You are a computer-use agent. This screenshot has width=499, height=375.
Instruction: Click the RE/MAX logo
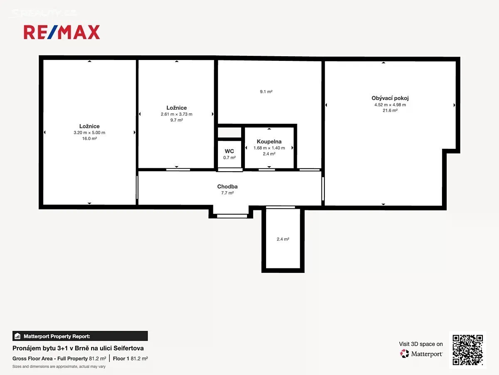coord(62,32)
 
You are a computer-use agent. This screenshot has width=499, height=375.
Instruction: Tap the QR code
coord(468,350)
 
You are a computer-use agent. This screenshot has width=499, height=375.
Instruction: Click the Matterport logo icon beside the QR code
coord(404,354)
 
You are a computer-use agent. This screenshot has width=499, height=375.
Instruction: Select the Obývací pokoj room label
coord(390,98)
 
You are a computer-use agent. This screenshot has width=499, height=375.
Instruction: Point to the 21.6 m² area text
coord(390,110)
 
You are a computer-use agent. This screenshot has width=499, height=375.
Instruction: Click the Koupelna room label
coord(269,142)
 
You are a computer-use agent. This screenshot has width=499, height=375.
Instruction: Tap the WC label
coord(229,151)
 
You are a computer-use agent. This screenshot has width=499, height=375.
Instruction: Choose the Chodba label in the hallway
coord(227,187)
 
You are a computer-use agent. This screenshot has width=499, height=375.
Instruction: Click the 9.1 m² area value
coord(266,92)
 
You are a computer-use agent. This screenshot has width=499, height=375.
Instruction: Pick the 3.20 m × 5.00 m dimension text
coord(89,132)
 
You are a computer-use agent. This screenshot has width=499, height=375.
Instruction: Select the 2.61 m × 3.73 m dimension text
coord(176,114)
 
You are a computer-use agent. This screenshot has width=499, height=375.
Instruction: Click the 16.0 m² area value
coord(89,138)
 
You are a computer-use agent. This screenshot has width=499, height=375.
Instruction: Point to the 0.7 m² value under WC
coord(229,157)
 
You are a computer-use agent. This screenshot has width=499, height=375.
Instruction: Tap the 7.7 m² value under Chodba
coord(227,193)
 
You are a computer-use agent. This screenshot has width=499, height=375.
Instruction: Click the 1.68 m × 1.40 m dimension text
coord(269,148)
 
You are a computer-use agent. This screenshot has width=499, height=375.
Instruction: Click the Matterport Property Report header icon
coord(17,336)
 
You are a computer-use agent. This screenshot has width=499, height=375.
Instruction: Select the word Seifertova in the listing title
coord(128,348)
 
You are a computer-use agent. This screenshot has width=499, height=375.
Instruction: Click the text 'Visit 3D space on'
coord(421,344)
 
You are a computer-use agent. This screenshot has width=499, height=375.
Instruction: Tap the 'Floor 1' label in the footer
coord(121,359)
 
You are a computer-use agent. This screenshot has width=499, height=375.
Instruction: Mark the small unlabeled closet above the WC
coord(230,132)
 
